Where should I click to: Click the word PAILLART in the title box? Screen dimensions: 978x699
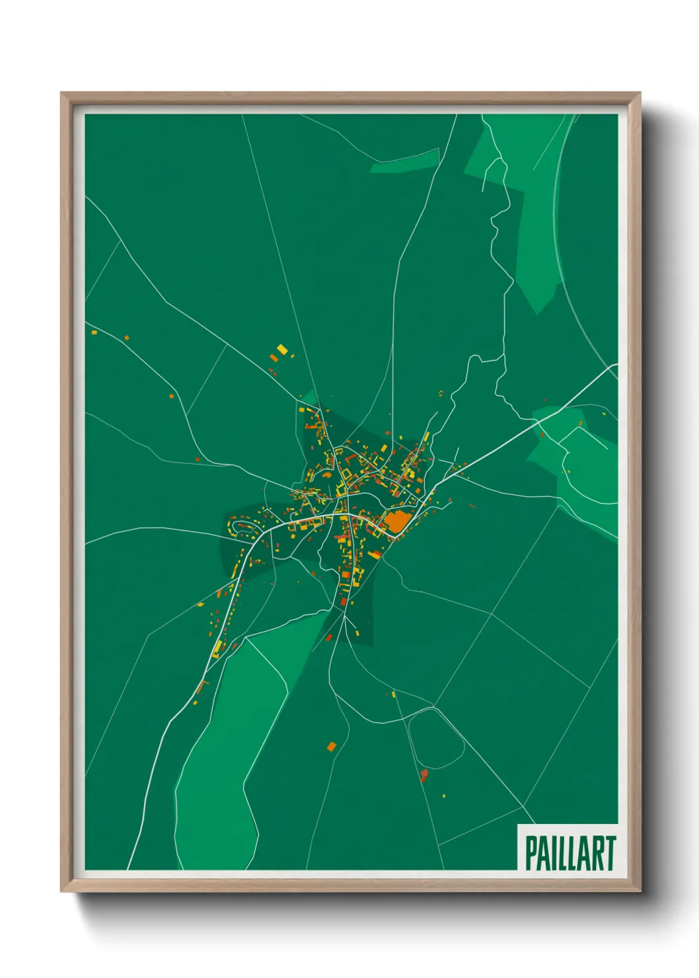570,853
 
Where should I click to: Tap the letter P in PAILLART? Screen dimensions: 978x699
531,853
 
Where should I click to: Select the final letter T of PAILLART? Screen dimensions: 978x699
610,853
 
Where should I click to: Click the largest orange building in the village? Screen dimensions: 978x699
396,521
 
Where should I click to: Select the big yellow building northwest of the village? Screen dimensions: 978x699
282,349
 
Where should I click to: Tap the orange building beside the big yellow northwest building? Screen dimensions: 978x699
274,357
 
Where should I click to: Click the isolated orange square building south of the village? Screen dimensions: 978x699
332,746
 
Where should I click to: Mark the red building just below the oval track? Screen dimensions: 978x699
423,774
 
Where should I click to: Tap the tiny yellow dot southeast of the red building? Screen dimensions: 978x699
444,796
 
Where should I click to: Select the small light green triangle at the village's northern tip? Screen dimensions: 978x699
309,398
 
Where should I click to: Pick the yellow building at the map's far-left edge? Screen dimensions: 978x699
94,332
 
